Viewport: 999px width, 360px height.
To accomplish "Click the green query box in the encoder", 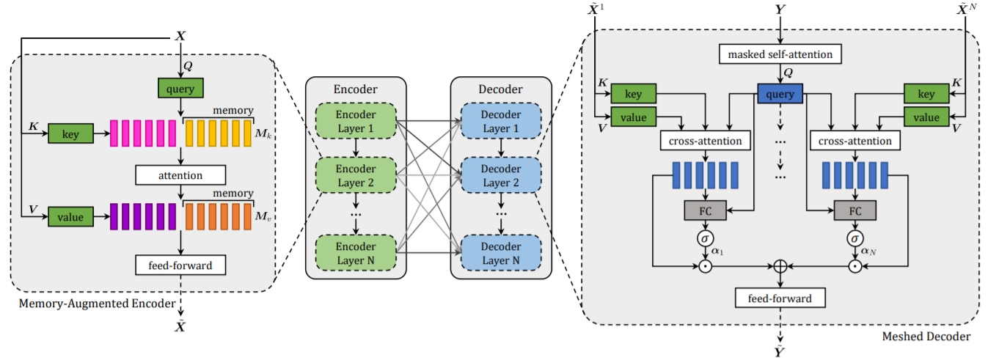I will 180,89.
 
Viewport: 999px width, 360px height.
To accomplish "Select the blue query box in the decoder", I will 780,93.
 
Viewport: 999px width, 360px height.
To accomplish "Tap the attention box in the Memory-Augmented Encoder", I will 180,175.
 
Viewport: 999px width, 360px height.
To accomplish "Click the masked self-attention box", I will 780,54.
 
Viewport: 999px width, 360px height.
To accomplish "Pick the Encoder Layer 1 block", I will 356,121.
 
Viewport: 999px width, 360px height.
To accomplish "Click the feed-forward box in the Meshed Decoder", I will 780,298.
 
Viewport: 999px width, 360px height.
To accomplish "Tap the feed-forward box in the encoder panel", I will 180,265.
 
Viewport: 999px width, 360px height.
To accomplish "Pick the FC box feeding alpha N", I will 855,210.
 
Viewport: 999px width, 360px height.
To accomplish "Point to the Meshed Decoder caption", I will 926,337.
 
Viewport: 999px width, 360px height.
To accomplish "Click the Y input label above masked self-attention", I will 780,11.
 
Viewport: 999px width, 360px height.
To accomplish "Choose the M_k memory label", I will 262,136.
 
